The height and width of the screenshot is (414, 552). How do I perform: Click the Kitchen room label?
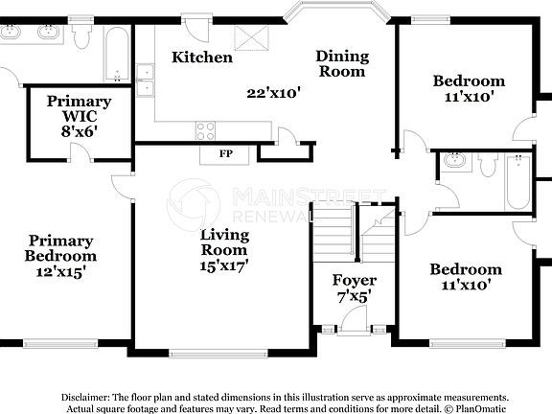[202, 57]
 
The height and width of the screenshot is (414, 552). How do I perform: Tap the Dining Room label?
[341, 64]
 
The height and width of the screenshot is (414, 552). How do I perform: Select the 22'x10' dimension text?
[274, 93]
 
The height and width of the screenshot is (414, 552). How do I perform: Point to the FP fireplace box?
[225, 153]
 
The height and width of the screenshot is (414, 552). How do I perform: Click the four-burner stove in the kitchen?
[205, 129]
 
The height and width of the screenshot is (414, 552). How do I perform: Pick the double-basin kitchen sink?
[145, 80]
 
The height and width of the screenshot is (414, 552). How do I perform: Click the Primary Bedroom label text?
[61, 248]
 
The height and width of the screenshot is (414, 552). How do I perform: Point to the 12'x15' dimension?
[61, 271]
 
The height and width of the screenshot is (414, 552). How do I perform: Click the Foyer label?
[354, 281]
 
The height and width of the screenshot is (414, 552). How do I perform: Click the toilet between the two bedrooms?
[488, 166]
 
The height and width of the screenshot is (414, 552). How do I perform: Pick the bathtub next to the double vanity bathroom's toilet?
[116, 56]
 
